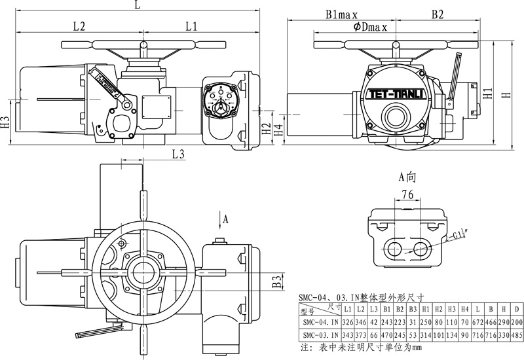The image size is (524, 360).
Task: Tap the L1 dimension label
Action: [191, 27]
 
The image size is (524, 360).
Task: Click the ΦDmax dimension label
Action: [370, 27]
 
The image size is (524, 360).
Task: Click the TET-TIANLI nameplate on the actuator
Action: [393, 93]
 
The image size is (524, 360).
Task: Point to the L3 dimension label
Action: [178, 154]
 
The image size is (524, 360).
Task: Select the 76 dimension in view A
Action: [407, 194]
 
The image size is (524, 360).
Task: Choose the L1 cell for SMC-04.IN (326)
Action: [348, 323]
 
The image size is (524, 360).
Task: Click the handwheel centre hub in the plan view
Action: [142, 270]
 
